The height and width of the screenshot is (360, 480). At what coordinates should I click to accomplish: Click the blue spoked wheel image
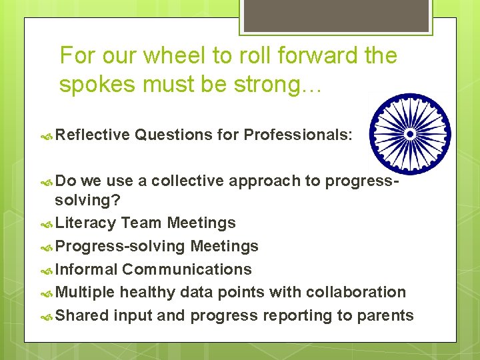(410, 133)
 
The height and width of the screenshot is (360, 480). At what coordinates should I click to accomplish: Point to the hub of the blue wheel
(410, 133)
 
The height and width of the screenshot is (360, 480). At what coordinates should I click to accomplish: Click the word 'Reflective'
(93, 135)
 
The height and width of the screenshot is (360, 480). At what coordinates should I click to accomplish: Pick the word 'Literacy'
(86, 223)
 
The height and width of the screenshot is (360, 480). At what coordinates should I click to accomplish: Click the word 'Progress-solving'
(120, 246)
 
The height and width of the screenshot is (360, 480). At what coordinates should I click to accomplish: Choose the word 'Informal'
(87, 269)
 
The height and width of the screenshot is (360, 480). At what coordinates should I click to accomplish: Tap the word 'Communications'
(187, 269)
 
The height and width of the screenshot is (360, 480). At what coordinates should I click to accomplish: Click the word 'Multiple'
(86, 292)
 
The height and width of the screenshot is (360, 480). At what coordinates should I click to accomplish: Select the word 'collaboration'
(357, 292)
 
